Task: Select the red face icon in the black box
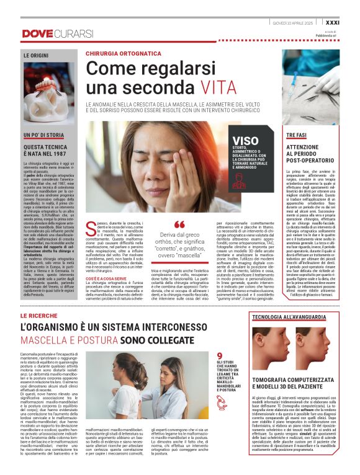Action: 238,180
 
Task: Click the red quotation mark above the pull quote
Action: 179,224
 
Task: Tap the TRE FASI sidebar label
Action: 297,134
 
